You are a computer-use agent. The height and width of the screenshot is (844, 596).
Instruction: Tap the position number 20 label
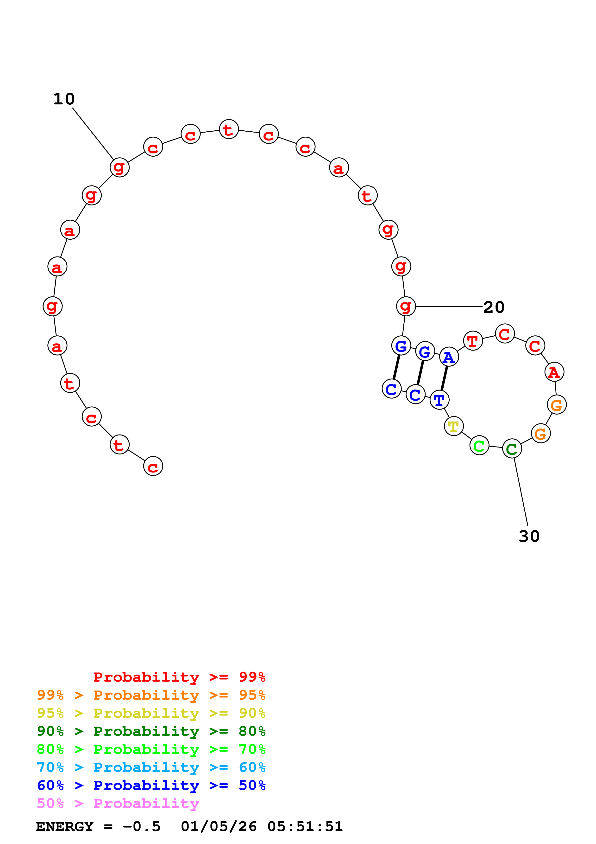click(494, 307)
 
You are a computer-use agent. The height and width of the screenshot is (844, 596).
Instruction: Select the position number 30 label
click(529, 536)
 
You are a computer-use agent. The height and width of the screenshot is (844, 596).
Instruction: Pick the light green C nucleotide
click(479, 446)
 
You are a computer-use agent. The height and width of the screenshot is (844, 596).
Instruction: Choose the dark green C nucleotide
click(512, 448)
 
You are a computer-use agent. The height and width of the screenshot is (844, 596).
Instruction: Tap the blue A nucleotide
click(449, 357)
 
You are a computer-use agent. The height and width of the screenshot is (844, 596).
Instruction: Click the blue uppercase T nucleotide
click(439, 400)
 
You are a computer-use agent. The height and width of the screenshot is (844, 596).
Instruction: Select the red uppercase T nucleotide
click(473, 341)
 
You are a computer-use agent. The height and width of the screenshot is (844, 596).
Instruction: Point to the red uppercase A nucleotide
click(554, 372)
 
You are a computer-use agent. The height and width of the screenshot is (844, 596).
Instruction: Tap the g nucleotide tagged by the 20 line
click(406, 306)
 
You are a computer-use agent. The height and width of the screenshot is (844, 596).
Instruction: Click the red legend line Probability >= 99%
click(179, 677)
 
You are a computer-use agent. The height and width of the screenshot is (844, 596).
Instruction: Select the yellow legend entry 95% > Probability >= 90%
click(151, 713)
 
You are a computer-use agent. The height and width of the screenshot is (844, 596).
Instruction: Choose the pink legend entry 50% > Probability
click(118, 803)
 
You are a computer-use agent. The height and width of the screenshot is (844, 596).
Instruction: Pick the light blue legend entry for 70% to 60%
click(151, 767)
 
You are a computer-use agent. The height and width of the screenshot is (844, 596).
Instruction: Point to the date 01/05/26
click(219, 826)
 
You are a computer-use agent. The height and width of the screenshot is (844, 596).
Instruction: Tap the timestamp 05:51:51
click(305, 826)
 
